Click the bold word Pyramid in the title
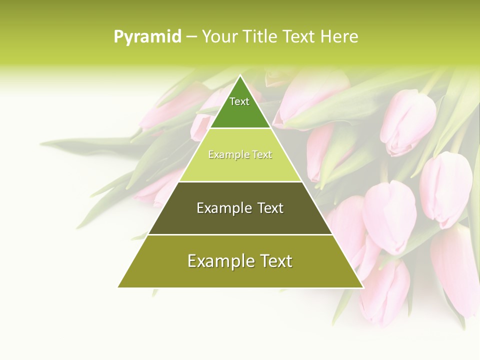147,37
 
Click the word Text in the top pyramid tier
239,101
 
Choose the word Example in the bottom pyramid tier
218,261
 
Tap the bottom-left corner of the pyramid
118,287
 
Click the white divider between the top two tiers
240,128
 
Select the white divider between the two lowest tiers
240,234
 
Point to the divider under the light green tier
240,181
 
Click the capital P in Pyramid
118,37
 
